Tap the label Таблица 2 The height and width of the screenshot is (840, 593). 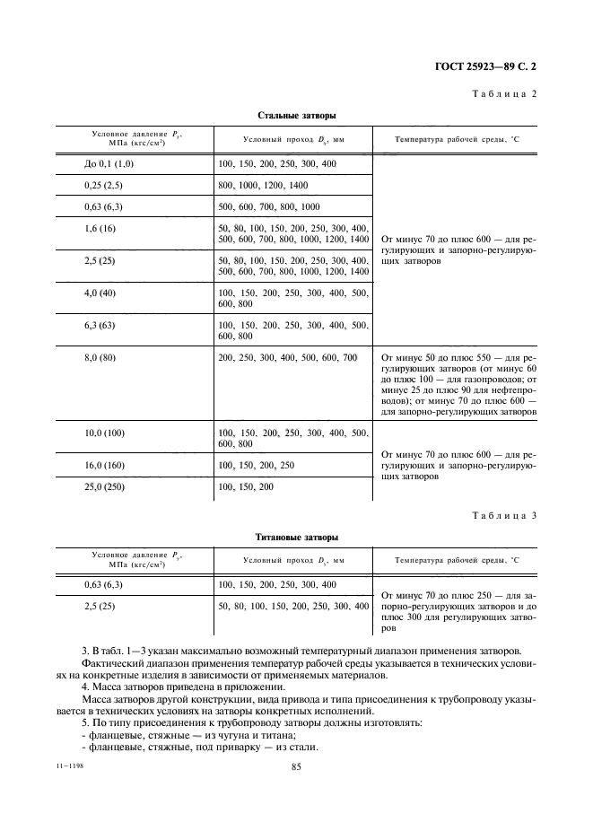click(x=504, y=93)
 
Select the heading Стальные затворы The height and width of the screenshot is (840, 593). click(x=297, y=115)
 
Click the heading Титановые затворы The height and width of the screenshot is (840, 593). click(x=297, y=538)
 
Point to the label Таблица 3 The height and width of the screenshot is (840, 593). click(x=504, y=515)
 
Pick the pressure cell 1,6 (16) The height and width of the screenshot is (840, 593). click(x=99, y=229)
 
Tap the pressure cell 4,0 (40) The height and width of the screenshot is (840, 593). click(x=99, y=293)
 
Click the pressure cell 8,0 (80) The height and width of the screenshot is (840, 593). click(x=100, y=357)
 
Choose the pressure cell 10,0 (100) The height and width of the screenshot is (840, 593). click(x=105, y=433)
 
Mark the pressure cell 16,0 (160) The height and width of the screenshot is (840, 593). click(x=105, y=465)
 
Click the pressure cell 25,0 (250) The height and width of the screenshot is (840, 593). click(x=105, y=486)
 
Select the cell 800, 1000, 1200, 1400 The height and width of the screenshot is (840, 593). click(x=263, y=186)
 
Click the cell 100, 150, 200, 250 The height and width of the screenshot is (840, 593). click(x=256, y=465)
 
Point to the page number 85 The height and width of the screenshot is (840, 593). click(x=296, y=766)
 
